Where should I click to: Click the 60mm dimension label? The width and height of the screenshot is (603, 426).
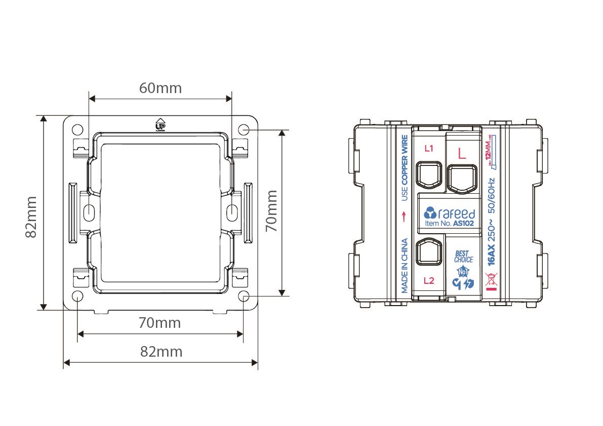[x=160, y=88]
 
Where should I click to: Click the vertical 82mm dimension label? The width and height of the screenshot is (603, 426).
[x=31, y=217]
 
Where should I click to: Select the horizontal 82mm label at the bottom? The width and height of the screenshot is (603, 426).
[x=161, y=352]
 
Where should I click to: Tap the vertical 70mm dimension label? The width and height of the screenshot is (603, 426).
[x=271, y=210]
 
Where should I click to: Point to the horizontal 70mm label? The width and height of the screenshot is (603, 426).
[x=159, y=323]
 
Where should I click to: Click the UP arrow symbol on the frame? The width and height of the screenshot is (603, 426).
[x=160, y=124]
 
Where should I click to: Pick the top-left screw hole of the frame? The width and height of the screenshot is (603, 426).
[x=77, y=130]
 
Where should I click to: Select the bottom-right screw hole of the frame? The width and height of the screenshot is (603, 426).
[x=244, y=296]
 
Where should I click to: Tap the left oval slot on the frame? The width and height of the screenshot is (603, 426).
[x=89, y=211]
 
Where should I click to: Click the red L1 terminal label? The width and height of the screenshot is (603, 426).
[x=429, y=148]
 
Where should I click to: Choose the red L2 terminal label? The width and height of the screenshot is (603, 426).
[x=429, y=281]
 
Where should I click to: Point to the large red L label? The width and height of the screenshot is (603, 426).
[x=462, y=154]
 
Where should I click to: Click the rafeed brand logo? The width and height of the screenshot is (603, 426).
[x=449, y=213]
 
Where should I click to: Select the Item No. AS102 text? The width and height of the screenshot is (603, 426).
[x=449, y=223]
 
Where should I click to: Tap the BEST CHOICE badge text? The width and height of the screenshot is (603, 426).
[x=463, y=256]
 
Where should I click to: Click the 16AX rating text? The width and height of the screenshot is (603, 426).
[x=491, y=254]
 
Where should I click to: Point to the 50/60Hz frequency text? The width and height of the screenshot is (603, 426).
[x=491, y=195]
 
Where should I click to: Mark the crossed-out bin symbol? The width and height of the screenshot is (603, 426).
[x=491, y=279]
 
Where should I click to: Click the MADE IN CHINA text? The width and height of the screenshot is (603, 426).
[x=405, y=266]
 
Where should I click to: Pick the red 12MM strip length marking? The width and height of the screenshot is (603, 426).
[x=489, y=151]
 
